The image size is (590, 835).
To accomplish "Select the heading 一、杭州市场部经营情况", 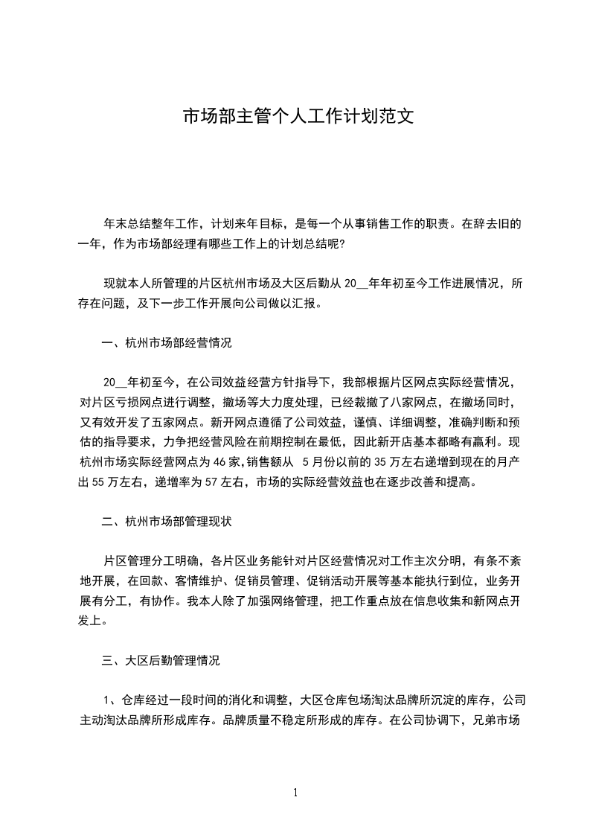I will point(167,343).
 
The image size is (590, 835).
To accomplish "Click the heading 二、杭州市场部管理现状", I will point(167,521).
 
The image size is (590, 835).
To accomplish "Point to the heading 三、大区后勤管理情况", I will point(161,659).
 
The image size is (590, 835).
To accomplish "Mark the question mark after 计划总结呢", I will point(342,243).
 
